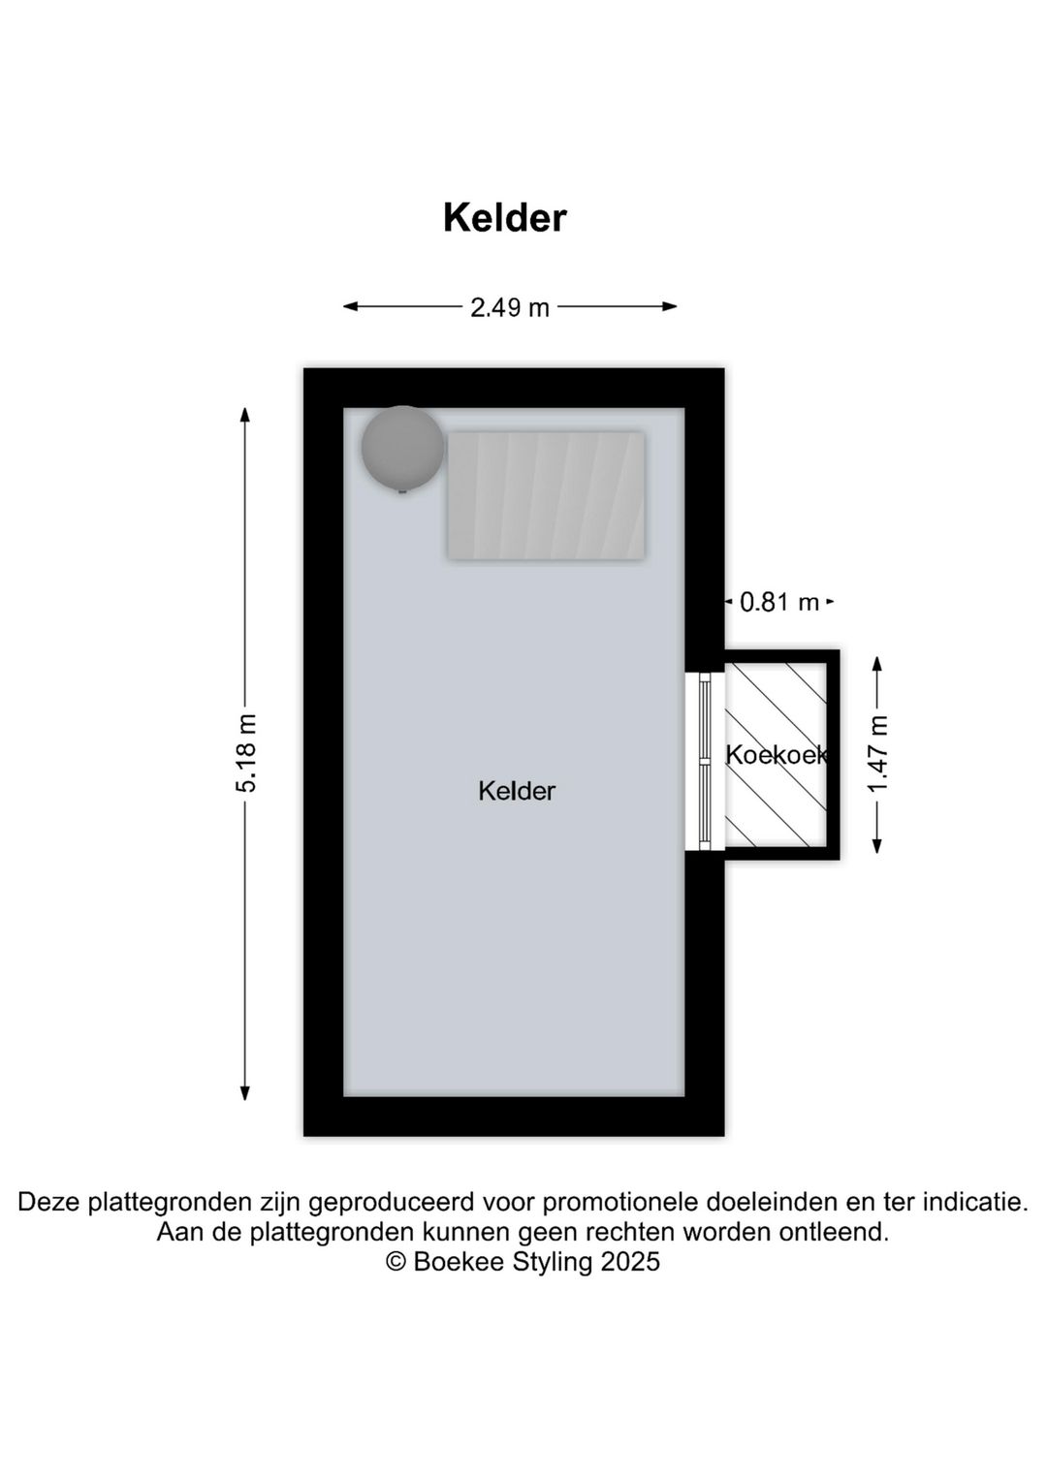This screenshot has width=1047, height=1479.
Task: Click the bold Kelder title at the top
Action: pos(504,218)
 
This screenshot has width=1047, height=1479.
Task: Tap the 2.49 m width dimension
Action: pos(510,307)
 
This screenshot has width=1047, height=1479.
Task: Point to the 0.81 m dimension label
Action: pos(778,603)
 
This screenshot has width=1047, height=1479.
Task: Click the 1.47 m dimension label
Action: pos(878,754)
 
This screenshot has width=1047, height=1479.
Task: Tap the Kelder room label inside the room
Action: pos(517,791)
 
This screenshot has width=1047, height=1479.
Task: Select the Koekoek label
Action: pos(777,754)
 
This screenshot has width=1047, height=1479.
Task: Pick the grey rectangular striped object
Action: pos(546,495)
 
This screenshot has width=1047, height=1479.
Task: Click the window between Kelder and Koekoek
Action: pos(705,761)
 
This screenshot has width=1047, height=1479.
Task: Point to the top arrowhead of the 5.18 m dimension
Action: pos(245,415)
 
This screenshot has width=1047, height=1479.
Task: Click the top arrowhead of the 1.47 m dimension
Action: pos(877,664)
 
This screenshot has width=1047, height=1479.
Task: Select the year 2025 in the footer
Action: pos(630,1262)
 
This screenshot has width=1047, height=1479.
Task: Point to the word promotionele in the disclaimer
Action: pos(620,1203)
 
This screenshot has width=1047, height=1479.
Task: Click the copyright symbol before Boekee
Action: pos(396,1262)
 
